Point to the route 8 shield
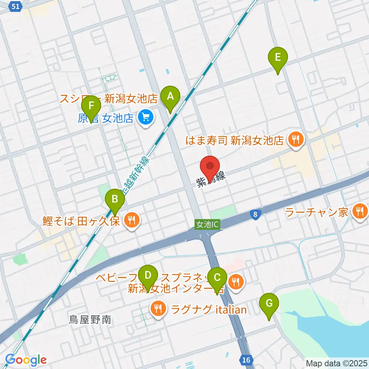[x=255, y=214]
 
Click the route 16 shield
[x=246, y=360]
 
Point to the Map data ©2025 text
[x=337, y=363]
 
